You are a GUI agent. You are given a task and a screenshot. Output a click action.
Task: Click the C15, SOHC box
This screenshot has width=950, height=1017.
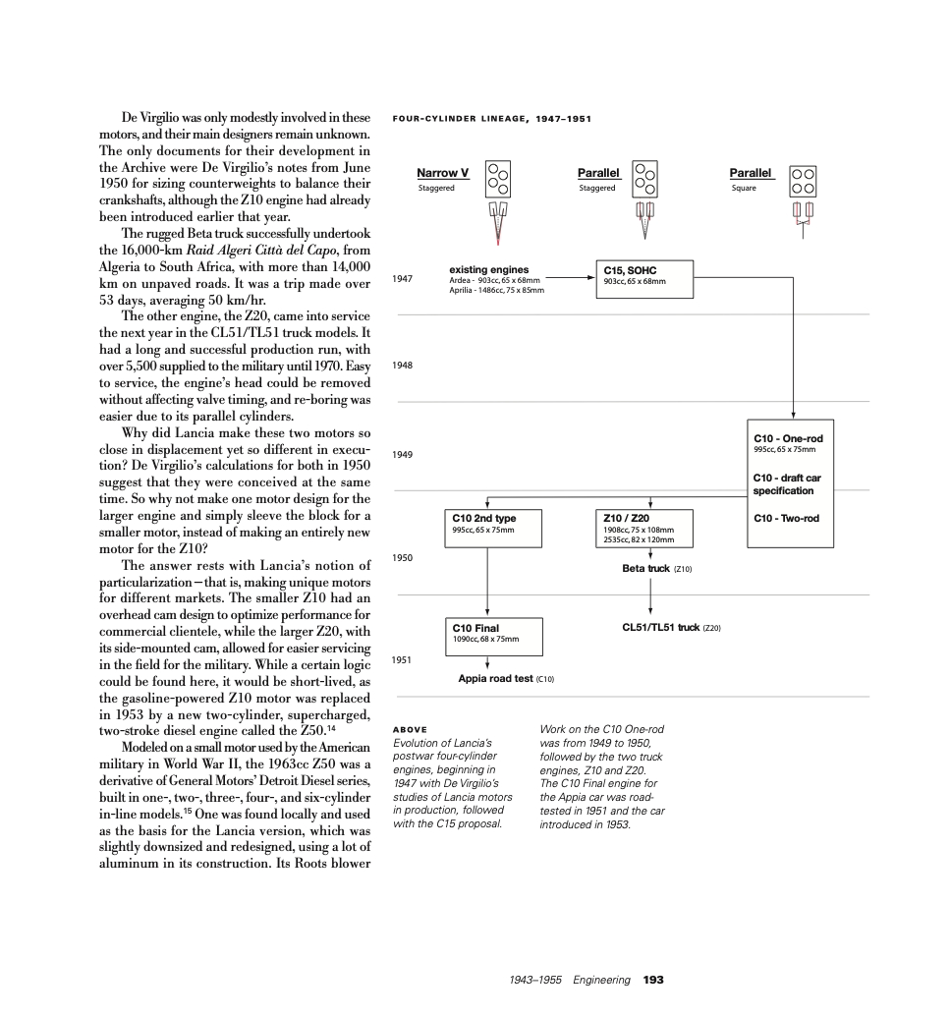tap(644, 278)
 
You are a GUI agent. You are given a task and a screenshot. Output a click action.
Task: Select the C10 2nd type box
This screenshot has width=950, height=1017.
tap(487, 528)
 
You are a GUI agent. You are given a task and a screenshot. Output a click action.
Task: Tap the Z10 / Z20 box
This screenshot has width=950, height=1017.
tap(644, 528)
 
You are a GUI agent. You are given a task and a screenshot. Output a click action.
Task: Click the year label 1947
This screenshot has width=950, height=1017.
tap(402, 279)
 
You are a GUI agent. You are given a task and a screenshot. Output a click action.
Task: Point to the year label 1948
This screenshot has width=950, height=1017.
tap(402, 366)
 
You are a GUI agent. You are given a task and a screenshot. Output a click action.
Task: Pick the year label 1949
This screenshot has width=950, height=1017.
tap(402, 455)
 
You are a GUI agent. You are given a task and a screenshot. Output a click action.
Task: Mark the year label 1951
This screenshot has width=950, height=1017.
tap(402, 660)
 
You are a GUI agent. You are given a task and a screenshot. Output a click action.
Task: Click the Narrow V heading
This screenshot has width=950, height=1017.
tap(442, 173)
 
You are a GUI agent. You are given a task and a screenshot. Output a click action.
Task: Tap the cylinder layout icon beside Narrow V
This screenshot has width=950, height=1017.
tap(498, 179)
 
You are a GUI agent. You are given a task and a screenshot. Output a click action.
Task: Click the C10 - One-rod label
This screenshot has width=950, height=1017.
tap(788, 438)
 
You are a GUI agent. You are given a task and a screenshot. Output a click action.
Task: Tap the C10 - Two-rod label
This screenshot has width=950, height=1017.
tap(786, 519)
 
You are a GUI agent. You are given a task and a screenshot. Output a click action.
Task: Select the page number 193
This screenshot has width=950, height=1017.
tap(652, 980)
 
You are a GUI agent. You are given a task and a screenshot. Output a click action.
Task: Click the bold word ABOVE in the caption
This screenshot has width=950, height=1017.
tap(410, 730)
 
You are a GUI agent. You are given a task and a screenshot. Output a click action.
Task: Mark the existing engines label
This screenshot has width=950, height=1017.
tap(488, 269)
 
